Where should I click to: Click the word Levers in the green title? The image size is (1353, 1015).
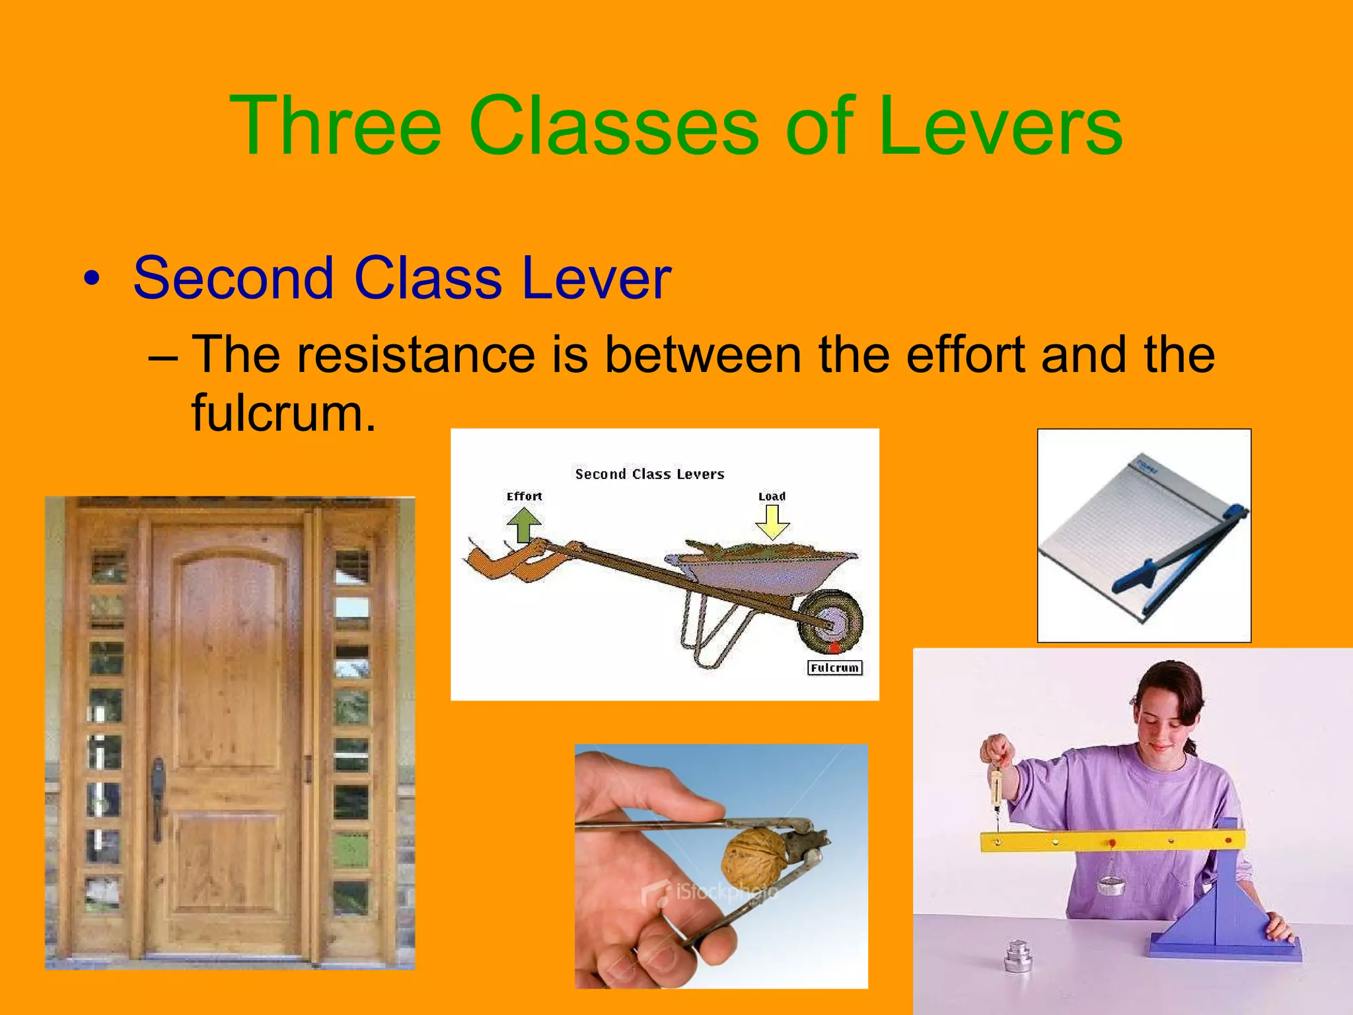tap(1000, 126)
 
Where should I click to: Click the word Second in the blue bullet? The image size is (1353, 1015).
tap(233, 278)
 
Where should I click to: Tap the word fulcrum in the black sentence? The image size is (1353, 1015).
tap(283, 413)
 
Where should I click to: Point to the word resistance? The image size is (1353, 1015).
tap(416, 355)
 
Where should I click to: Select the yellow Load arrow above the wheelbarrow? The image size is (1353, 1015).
tap(772, 521)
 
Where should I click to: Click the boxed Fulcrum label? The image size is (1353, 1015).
tap(834, 668)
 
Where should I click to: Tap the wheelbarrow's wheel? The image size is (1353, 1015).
tap(830, 621)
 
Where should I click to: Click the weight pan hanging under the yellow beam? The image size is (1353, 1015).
tap(1111, 884)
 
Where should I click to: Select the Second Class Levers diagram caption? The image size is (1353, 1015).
tap(649, 474)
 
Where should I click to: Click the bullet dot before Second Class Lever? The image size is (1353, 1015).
tap(92, 279)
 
